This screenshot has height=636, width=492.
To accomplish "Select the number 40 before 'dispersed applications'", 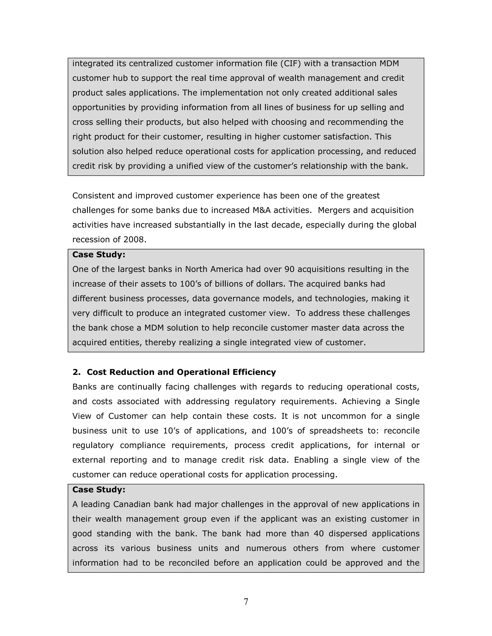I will (319, 533).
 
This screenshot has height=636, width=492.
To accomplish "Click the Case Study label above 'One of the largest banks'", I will (98, 254).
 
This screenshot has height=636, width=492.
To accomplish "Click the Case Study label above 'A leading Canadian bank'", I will (98, 490).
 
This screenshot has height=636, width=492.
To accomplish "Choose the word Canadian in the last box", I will (132, 504).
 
